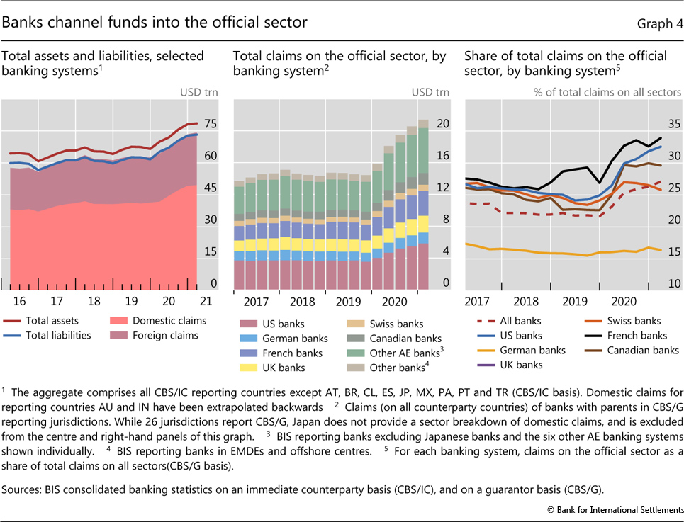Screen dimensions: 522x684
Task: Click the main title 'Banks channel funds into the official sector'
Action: click(x=155, y=23)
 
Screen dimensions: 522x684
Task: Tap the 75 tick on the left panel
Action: click(x=210, y=124)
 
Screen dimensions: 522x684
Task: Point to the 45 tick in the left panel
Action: click(x=210, y=188)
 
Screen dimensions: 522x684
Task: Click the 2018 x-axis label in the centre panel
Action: click(x=303, y=300)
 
